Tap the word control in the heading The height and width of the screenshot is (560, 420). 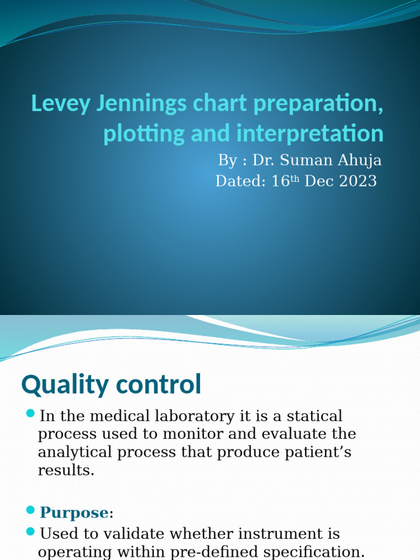pos(158,386)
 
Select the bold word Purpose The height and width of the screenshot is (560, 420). pos(73,512)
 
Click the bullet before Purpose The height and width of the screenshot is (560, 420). pos(31,510)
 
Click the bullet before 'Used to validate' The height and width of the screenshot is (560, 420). pos(31,531)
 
